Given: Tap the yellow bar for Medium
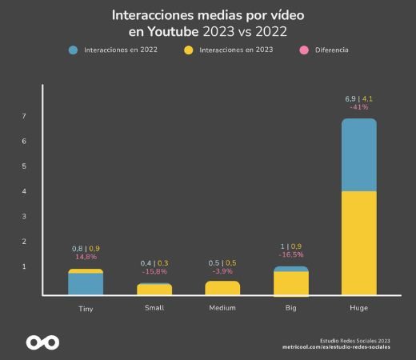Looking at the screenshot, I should coord(222,288).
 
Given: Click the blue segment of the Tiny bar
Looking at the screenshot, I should coord(86,284).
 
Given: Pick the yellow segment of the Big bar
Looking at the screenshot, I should coord(290,283).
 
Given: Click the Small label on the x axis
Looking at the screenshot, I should coord(154,308).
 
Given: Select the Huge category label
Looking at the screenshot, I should coord(358,308).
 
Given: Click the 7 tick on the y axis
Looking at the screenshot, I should coord(25,117).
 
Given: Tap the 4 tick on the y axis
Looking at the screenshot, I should coord(25,191).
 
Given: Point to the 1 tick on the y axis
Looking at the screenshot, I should coord(25,266).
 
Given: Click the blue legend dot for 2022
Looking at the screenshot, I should coord(74,50).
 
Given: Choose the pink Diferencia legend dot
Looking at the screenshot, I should coord(303,50).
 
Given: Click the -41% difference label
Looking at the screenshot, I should coord(359,107).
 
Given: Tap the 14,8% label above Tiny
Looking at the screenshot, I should coord(86,257).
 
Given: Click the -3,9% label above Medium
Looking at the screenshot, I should coord(222,272).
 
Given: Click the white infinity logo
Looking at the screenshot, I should coord(42,342).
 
